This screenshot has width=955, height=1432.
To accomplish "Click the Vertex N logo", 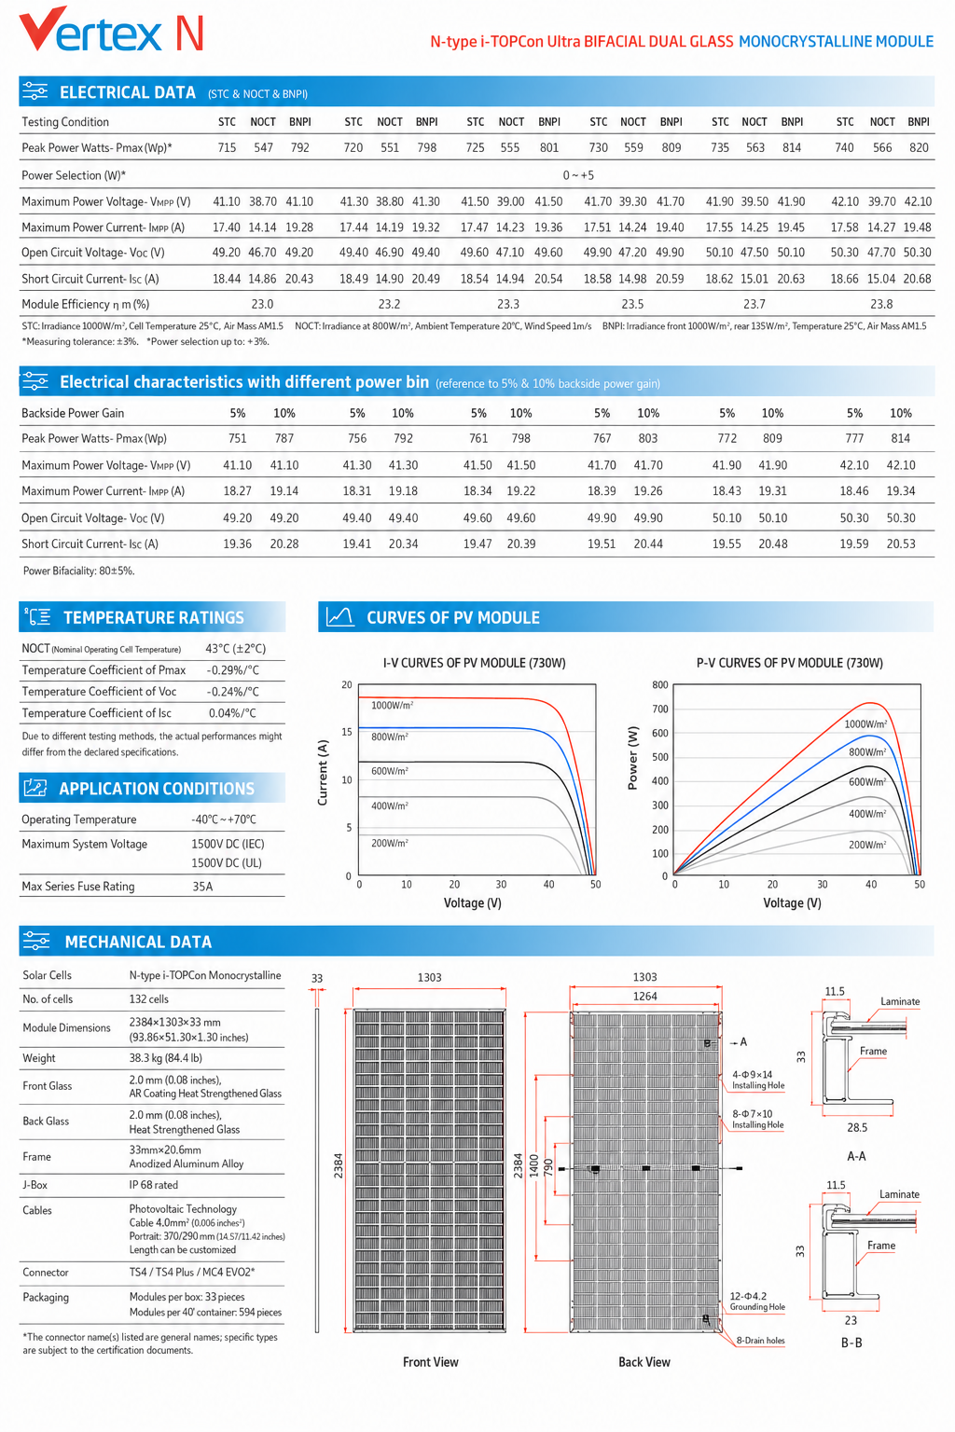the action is [111, 30].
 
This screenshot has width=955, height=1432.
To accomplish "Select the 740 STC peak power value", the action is [844, 147].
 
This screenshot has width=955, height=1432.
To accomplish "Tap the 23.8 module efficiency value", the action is [881, 304].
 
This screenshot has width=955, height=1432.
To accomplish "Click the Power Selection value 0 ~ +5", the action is [578, 175].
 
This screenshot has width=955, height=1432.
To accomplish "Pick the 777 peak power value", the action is [854, 438].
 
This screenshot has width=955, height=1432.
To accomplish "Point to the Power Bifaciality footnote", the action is [78, 571].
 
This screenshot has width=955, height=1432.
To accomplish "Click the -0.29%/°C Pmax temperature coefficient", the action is [233, 670].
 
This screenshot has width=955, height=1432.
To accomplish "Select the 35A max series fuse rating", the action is [202, 887].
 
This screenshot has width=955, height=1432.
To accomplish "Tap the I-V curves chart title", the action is [474, 663].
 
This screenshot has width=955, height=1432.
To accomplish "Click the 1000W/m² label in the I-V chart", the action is [392, 705].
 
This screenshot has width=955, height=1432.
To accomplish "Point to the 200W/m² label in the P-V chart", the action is [867, 845].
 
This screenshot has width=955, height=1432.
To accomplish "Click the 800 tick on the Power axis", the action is [660, 684].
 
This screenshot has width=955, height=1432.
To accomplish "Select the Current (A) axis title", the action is [323, 772].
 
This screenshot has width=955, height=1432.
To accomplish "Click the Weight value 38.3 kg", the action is [166, 1058].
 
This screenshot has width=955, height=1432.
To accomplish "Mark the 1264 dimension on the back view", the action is [644, 996].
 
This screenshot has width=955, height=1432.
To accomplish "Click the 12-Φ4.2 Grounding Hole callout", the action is [757, 1301].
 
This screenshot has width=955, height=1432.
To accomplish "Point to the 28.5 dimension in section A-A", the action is [857, 1128].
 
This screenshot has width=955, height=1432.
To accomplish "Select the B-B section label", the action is [851, 1342].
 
